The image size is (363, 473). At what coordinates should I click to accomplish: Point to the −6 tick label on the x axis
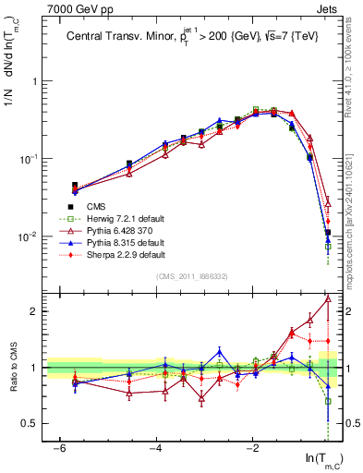coord(59,448)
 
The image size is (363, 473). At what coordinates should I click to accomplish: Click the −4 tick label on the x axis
coord(156,448)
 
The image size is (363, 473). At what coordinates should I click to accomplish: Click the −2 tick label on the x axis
coord(252,448)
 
